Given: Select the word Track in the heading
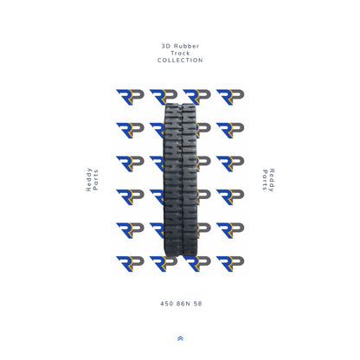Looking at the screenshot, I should (180, 51).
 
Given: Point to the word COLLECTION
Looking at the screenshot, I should (180, 61).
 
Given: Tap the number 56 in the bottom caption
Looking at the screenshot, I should (197, 304).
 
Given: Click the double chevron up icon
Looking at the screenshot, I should (180, 338).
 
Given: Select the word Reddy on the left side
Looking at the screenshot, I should (88, 188).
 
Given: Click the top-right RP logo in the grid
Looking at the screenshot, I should (230, 96).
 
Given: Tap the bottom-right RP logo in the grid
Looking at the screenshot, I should (230, 263).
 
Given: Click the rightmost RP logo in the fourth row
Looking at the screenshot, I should (230, 196).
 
